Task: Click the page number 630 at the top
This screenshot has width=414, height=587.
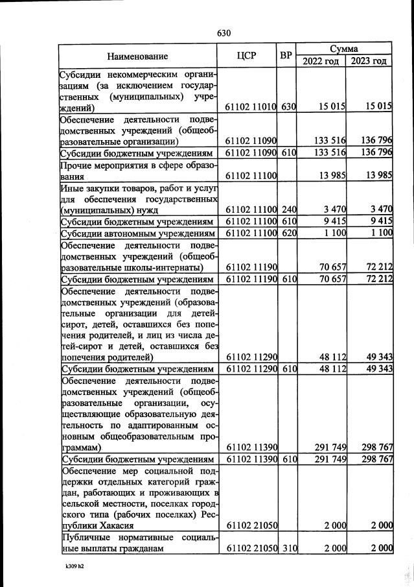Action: (x=224, y=33)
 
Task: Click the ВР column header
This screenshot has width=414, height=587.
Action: (x=286, y=56)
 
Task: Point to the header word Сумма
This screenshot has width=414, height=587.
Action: (x=344, y=49)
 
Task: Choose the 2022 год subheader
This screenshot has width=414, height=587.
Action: (x=320, y=61)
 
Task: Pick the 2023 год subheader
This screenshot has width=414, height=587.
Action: (x=369, y=61)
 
